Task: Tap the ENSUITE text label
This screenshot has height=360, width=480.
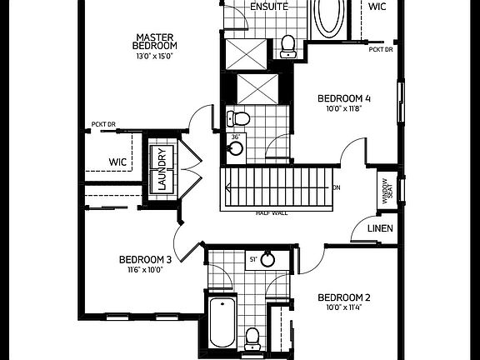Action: click(x=269, y=7)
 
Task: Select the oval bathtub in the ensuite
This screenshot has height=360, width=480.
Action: click(x=328, y=17)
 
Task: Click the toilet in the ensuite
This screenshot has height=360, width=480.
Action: click(x=288, y=45)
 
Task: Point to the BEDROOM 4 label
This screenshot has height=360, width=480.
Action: click(x=344, y=98)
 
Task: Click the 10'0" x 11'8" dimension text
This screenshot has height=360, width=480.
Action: click(x=344, y=108)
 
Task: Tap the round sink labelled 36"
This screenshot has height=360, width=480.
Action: click(x=236, y=148)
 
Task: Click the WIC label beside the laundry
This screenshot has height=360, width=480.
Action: click(x=117, y=162)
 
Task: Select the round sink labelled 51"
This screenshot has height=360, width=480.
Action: click(x=267, y=260)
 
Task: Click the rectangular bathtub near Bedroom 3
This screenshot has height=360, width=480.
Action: click(x=222, y=322)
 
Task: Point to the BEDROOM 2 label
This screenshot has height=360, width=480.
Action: click(x=343, y=297)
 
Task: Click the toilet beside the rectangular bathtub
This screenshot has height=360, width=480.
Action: click(x=252, y=336)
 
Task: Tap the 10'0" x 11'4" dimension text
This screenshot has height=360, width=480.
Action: click(x=343, y=307)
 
